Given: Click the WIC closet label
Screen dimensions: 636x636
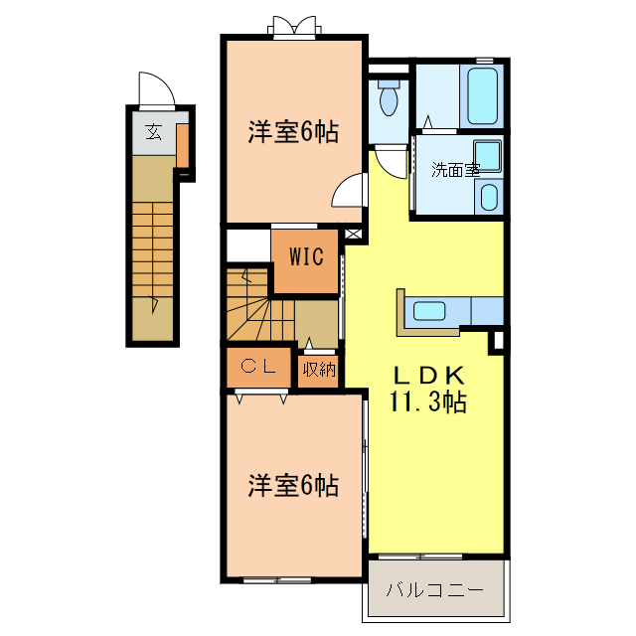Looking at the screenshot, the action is [x=307, y=256].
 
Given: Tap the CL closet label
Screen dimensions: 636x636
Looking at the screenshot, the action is [x=258, y=367].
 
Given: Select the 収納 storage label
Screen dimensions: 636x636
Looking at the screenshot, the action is [x=319, y=369].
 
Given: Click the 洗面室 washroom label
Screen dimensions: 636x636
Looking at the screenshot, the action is [x=456, y=170].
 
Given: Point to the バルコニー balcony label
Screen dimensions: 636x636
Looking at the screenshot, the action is [x=435, y=590].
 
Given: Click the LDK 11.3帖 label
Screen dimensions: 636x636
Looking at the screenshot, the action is [x=428, y=389].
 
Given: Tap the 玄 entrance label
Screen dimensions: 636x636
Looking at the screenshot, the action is [x=154, y=132].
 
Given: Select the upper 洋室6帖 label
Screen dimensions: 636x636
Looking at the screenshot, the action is [x=293, y=132].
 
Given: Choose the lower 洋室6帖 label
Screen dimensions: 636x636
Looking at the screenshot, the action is [x=293, y=486].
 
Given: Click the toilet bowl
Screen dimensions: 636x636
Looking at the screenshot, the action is [x=389, y=98].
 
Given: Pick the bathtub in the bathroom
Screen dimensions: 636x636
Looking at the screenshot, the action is [x=482, y=95].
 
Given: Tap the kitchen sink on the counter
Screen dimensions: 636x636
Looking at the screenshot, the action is [x=429, y=311].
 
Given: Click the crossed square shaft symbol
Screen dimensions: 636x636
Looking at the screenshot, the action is [x=353, y=235].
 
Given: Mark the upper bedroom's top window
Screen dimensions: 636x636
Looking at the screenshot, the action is [x=294, y=28].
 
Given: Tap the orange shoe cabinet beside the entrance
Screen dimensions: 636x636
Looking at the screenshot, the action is [x=183, y=146].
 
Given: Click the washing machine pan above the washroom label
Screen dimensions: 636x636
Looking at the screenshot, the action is [x=488, y=156].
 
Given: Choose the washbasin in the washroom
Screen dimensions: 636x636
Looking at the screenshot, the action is [x=489, y=197].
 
